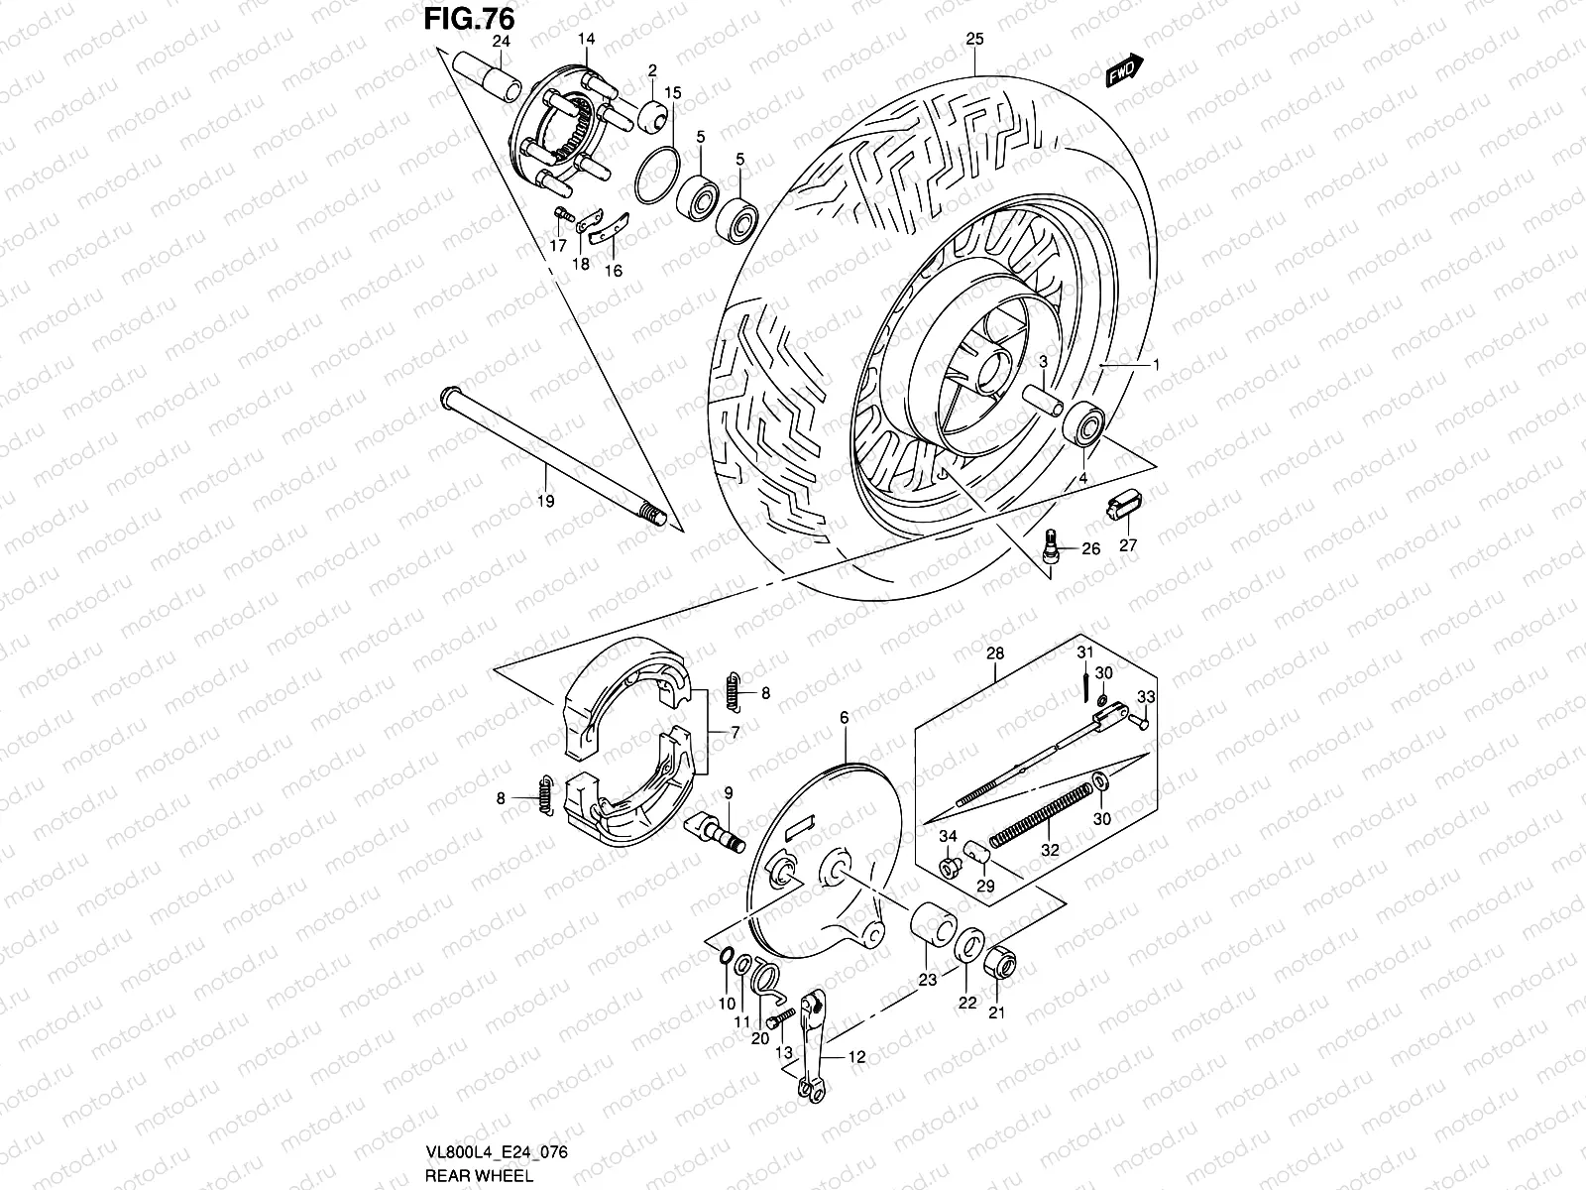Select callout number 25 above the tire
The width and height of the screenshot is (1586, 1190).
tap(974, 40)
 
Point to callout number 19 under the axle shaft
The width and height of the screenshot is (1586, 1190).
tap(546, 502)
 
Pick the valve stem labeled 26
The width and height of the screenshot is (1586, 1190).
tap(1052, 544)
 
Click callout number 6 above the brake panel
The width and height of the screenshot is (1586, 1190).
tap(845, 717)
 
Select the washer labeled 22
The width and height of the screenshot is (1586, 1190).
tap(968, 945)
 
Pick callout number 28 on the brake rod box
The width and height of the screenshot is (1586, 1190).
tap(995, 654)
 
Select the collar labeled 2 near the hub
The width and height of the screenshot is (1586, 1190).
tap(652, 117)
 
